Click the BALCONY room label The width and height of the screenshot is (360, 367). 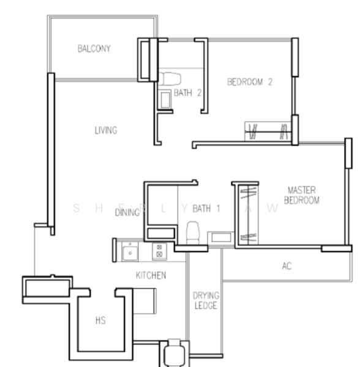click(94, 48)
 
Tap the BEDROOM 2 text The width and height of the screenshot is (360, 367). click(249, 82)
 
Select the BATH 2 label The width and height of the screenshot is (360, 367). click(187, 93)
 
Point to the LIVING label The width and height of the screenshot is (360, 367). click(105, 130)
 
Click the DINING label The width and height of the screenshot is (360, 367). click(127, 213)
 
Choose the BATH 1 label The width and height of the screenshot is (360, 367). click(206, 209)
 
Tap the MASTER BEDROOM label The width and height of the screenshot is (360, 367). click(302, 195)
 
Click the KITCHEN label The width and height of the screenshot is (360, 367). click(151, 275)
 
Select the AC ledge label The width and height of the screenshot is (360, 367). click(286, 266)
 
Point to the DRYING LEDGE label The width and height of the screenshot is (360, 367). click(206, 300)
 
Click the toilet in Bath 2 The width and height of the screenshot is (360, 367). click(170, 77)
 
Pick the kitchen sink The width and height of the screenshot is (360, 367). click(130, 250)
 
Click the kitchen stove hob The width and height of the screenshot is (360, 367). click(159, 250)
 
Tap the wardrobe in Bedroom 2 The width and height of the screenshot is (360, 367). click(269, 131)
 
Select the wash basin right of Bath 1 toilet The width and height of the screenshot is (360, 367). click(220, 237)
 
